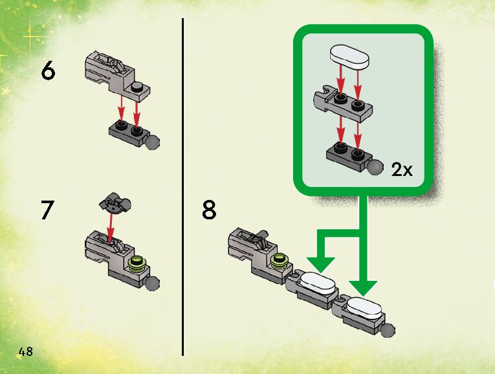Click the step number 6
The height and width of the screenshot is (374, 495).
click(x=48, y=71)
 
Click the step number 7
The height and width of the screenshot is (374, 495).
click(x=47, y=211)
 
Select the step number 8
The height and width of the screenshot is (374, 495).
click(x=209, y=211)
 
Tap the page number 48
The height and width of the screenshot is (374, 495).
click(x=26, y=352)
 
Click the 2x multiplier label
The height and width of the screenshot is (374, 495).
click(x=401, y=170)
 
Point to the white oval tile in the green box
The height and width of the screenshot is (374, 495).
click(x=349, y=56)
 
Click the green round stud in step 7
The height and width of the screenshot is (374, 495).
click(x=137, y=263)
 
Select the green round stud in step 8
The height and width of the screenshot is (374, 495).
click(x=280, y=260)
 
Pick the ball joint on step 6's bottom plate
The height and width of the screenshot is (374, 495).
click(x=153, y=142)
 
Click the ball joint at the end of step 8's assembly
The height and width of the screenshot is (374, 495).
click(x=387, y=331)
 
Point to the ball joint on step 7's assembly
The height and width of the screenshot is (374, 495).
click(x=153, y=283)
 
